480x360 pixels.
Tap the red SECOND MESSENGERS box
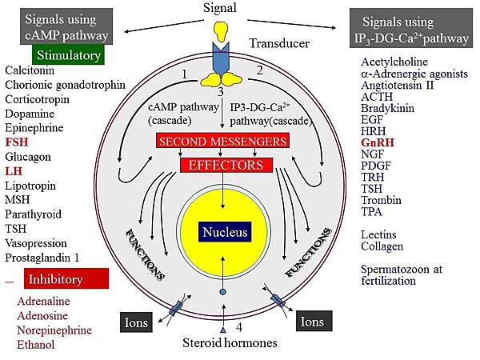click(x=222, y=142)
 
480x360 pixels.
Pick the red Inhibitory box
click(x=66, y=280)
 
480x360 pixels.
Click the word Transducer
click(x=278, y=45)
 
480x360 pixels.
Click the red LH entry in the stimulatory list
click(x=13, y=171)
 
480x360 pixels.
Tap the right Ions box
click(x=313, y=324)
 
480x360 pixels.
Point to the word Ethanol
click(x=36, y=345)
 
